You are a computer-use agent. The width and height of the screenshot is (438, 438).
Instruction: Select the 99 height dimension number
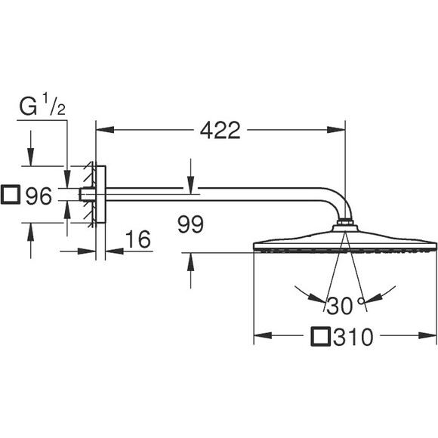click(x=192, y=224)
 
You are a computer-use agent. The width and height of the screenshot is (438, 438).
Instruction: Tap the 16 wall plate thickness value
click(x=136, y=239)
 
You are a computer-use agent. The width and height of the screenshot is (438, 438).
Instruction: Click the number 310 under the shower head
click(x=353, y=337)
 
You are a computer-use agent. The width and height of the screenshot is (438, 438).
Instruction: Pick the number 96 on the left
click(x=38, y=197)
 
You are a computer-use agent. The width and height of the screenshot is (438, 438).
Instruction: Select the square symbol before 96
click(x=11, y=196)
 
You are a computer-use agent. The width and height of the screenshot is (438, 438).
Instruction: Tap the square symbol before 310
click(x=322, y=337)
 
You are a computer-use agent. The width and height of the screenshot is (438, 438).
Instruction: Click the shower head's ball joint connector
click(x=344, y=224)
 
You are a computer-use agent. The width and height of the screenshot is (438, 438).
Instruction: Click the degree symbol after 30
click(x=362, y=301)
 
